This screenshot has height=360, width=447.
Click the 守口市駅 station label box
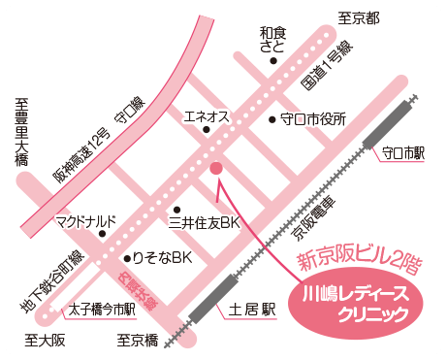[x=404, y=153]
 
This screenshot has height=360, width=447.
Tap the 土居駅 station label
[x=253, y=311]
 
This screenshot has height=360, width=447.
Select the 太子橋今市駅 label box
[x=102, y=311]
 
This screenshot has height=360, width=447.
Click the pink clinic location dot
[x=216, y=168]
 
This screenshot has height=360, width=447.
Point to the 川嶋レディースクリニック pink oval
[x=359, y=300]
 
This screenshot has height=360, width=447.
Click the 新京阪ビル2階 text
[x=358, y=258]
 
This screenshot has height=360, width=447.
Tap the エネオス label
[x=207, y=117]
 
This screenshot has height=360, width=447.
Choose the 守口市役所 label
[x=313, y=120]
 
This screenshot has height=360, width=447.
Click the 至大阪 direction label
[x=45, y=341]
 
